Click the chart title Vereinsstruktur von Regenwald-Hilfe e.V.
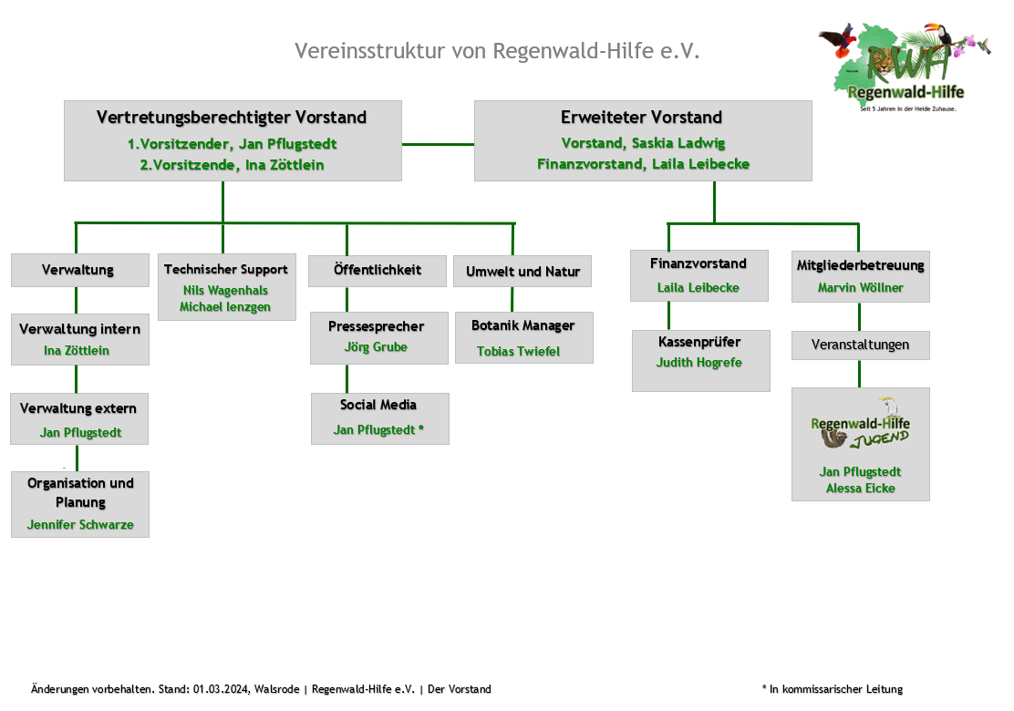(497, 50)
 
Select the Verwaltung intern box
(79, 339)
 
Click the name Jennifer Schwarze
(80, 525)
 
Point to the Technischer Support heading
(226, 269)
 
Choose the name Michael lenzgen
(225, 307)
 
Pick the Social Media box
(379, 418)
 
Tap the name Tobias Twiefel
(518, 352)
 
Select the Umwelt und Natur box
(523, 272)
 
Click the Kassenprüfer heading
(699, 342)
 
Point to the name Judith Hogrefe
(699, 363)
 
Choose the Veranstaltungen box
(860, 345)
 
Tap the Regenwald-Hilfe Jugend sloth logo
(860, 427)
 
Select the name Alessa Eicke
(860, 489)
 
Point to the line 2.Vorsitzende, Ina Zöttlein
(232, 165)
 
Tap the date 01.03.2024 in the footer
(221, 689)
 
